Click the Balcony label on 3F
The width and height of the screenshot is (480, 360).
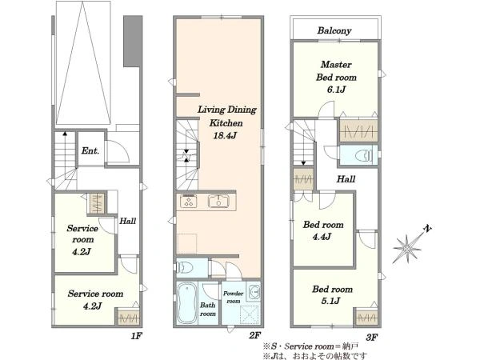click(x=334, y=30)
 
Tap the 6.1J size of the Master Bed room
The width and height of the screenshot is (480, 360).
click(x=336, y=90)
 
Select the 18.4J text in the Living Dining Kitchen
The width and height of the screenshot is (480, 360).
click(x=225, y=135)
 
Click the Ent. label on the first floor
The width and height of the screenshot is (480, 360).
click(x=90, y=150)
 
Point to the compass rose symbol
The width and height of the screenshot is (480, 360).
click(x=407, y=248)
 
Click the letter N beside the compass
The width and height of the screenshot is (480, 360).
click(x=428, y=228)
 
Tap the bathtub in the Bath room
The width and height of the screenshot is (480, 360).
click(x=186, y=302)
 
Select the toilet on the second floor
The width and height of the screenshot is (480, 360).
click(x=186, y=267)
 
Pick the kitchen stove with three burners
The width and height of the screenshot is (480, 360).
click(x=188, y=202)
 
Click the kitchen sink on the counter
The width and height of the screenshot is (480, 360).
click(x=218, y=202)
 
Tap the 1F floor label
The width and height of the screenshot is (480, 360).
click(x=136, y=337)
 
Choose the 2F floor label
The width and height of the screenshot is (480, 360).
click(x=254, y=337)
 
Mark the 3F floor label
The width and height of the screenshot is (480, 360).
click(x=372, y=338)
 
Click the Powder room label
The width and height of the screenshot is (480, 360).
click(x=234, y=297)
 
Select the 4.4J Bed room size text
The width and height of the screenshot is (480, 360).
click(x=322, y=237)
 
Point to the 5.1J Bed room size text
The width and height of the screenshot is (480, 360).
click(x=330, y=301)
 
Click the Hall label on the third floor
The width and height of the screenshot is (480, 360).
click(x=346, y=179)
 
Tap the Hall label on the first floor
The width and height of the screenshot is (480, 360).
click(x=128, y=221)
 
